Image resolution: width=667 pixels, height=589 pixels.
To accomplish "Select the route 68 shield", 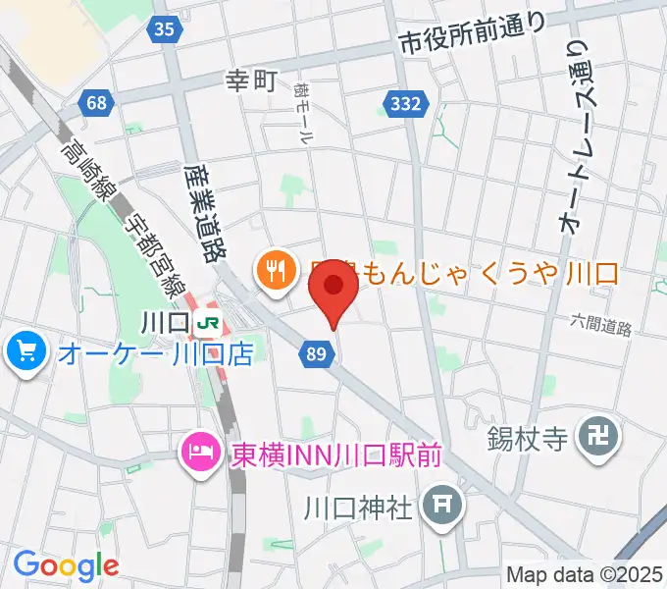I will pyautogui.click(x=96, y=102).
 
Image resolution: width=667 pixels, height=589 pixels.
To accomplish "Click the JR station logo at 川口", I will pyautogui.click(x=207, y=322).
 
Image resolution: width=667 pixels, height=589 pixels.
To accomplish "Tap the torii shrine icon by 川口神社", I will pyautogui.click(x=437, y=507).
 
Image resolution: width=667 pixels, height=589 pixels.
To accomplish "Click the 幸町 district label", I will pyautogui.click(x=252, y=81).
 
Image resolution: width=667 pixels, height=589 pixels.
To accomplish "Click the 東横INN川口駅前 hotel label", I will pyautogui.click(x=323, y=455).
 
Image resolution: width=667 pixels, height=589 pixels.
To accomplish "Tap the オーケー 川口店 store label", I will pyautogui.click(x=155, y=352).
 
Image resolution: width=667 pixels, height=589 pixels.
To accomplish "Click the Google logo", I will pyautogui.click(x=66, y=565).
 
